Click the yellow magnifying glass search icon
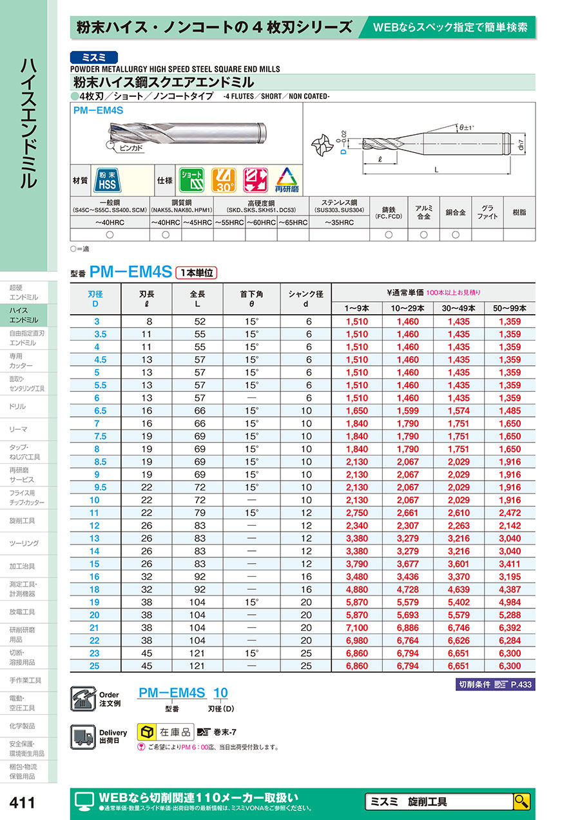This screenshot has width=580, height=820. [521, 801]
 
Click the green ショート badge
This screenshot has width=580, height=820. [190, 181]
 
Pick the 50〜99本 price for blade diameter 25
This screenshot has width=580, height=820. [509, 665]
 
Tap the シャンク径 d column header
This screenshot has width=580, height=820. [305, 298]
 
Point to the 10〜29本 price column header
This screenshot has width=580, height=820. [407, 308]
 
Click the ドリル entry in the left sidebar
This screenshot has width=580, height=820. [19, 406]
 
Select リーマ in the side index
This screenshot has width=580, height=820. [19, 429]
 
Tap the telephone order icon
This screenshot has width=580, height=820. [82, 699]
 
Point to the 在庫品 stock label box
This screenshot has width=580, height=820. [166, 732]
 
